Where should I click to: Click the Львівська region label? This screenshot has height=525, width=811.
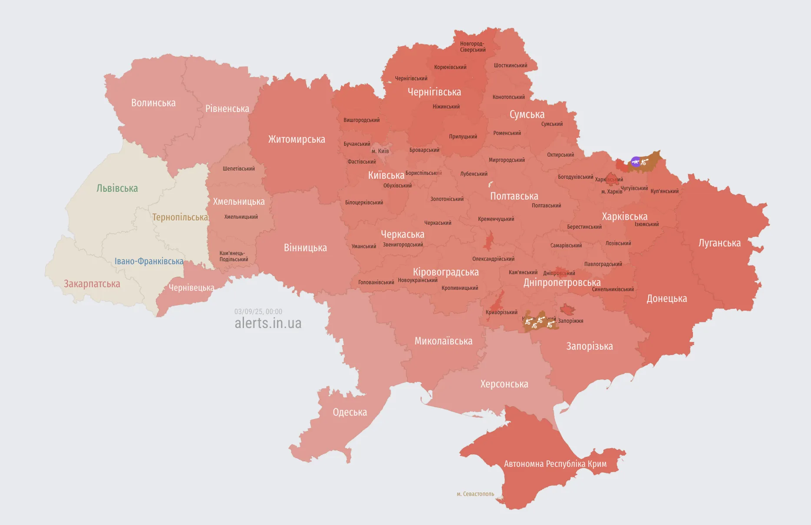coord(117,188)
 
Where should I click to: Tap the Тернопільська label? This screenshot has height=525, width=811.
coord(180,217)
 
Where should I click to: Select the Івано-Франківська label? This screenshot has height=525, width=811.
coord(149,261)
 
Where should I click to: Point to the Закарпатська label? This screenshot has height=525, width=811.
coord(92,284)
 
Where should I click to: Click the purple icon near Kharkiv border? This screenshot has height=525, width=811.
coord(636,162)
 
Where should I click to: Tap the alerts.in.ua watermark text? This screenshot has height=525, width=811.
coord(268,323)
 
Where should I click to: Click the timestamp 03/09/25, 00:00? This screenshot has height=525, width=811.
coord(258,312)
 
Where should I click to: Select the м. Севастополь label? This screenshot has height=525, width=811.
coord(475,494)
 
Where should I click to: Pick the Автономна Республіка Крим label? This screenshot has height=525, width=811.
coord(555,464)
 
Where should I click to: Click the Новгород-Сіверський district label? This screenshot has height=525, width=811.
coord(473,47)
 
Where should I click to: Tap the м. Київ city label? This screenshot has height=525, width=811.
coord(380,151)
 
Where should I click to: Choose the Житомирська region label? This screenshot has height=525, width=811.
coord(297,139)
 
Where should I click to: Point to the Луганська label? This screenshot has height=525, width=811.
coord(719,243)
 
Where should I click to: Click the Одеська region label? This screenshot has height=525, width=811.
coord(350,412)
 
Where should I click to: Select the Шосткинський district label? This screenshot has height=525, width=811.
coord(511,66)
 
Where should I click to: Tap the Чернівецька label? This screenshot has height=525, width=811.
coord(191,288)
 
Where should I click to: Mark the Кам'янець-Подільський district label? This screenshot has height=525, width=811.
coord(234,256)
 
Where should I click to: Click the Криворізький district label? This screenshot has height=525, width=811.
coord(501,312)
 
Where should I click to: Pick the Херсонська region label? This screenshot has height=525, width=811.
coord(504,384)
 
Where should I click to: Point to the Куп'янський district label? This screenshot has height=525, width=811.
coord(664,191)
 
